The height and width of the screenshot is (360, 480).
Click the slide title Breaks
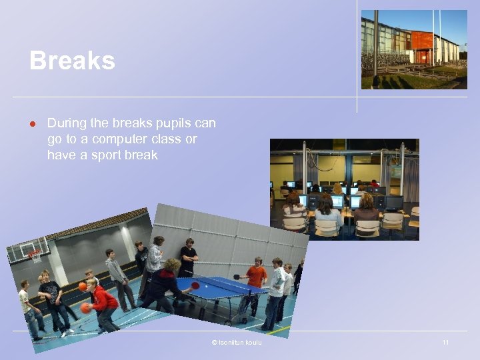pos(72,61)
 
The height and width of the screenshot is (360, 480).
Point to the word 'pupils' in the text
pos(178,123)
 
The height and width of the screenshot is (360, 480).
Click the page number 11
pos(445,343)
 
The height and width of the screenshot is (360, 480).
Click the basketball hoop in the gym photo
pos(33,255)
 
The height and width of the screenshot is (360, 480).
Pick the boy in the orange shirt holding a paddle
pos(255,280)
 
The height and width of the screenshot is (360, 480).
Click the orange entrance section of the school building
pos(422,41)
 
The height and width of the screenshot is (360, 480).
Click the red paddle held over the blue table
pos(195,285)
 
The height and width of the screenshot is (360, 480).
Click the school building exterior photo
pos(414,49)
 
